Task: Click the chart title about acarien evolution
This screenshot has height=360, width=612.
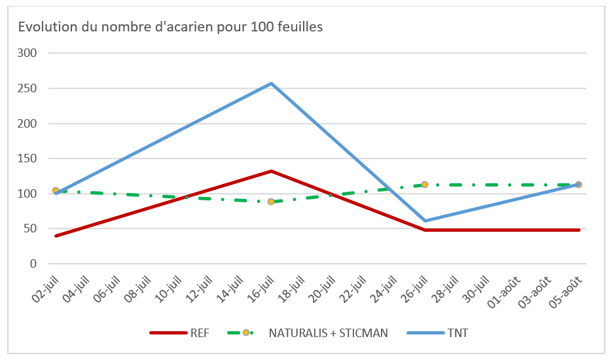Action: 170,27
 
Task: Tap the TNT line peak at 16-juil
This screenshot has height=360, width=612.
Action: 271,83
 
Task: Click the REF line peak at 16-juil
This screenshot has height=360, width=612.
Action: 271,171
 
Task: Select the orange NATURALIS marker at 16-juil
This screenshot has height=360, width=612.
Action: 271,202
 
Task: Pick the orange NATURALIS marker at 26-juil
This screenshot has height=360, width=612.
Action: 425,185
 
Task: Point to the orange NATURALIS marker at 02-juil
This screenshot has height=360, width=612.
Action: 56,190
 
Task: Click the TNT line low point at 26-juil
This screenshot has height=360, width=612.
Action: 425,221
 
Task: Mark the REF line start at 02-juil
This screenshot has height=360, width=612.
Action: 56,236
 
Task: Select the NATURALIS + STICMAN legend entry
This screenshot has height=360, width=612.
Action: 327,333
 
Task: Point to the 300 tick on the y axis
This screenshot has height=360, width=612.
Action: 31,53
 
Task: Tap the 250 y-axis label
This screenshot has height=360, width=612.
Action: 31,88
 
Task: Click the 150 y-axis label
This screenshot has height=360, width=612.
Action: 31,158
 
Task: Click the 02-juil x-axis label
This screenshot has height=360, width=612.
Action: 45,288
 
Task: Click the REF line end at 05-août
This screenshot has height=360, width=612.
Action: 579,230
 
